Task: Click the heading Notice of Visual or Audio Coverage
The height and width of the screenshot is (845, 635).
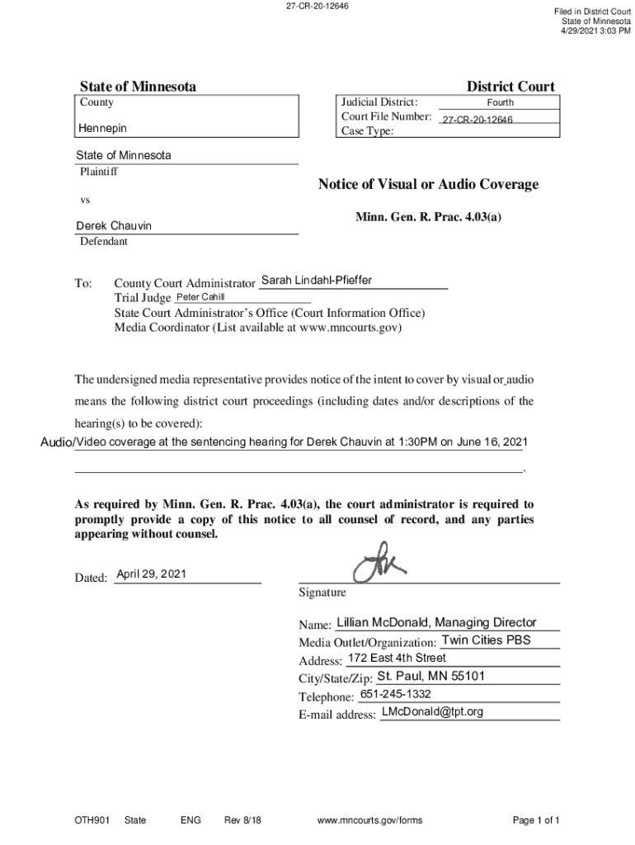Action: pyautogui.click(x=428, y=184)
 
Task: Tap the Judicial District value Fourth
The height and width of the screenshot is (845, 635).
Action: pyautogui.click(x=500, y=103)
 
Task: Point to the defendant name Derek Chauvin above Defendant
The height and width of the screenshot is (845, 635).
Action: pyautogui.click(x=114, y=226)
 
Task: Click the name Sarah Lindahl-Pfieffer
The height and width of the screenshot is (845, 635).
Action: pyautogui.click(x=316, y=281)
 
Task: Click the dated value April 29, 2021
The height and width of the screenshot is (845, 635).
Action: pyautogui.click(x=151, y=574)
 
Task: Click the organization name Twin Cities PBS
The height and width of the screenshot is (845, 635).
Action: pyautogui.click(x=486, y=640)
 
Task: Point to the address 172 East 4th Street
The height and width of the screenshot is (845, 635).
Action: pyautogui.click(x=397, y=658)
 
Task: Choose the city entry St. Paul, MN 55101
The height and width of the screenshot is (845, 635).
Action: pyautogui.click(x=430, y=677)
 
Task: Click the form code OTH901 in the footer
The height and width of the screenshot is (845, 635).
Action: pyautogui.click(x=91, y=820)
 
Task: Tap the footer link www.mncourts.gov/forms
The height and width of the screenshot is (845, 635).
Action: pyautogui.click(x=369, y=820)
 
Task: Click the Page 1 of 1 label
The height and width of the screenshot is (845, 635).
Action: pyautogui.click(x=536, y=820)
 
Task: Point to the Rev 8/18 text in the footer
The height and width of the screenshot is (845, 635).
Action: pyautogui.click(x=242, y=820)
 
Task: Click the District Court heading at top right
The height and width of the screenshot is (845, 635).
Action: pyautogui.click(x=510, y=87)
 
